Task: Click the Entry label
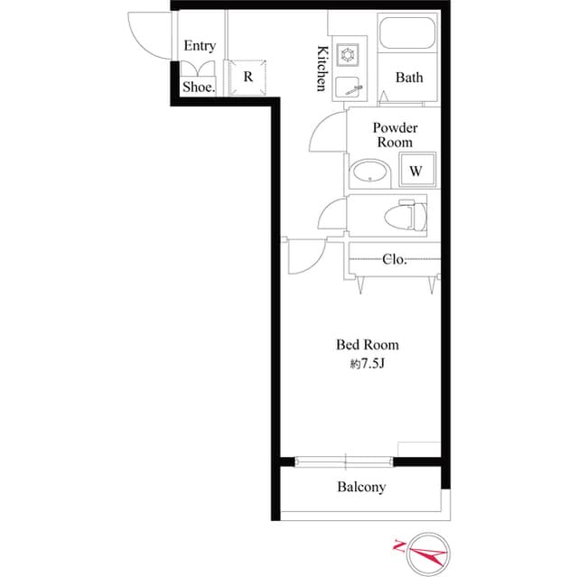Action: point(200,46)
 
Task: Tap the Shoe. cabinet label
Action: point(199,87)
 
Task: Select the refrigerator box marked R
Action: point(247,77)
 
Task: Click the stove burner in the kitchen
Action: point(347,55)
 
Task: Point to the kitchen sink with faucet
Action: point(349,87)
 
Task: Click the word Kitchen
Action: point(322,69)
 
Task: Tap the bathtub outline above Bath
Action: point(407,33)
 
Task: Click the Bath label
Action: point(409,78)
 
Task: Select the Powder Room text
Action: point(395,135)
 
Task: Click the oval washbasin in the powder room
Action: point(369,172)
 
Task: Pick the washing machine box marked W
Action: point(418,170)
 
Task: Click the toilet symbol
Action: point(406,216)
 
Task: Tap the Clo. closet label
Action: point(394,259)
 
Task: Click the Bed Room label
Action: point(368,345)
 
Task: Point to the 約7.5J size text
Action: point(368,364)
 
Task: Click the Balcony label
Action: point(361,487)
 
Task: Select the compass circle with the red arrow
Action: point(428,554)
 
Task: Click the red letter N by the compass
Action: point(398,545)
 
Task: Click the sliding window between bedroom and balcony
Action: point(344,461)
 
